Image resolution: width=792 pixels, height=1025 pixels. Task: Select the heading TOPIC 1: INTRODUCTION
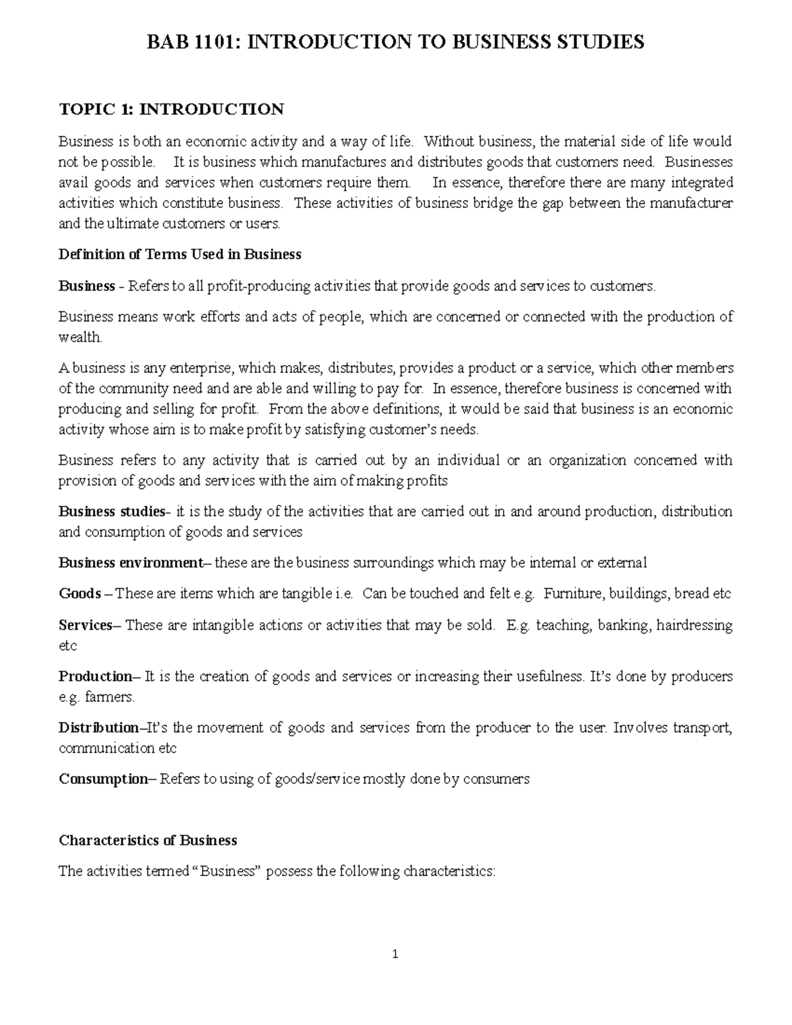(x=172, y=109)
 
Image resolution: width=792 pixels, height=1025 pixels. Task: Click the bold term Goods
(x=80, y=593)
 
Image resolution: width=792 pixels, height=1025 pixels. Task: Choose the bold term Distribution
(x=99, y=727)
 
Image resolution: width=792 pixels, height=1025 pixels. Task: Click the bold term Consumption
(x=104, y=779)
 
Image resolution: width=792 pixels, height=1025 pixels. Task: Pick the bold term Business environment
(x=131, y=563)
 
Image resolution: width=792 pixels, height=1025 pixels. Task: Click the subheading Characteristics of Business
(x=148, y=840)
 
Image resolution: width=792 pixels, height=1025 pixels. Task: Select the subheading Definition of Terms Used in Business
(x=180, y=254)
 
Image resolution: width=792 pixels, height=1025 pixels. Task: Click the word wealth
(x=80, y=337)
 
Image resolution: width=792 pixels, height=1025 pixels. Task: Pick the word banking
(x=624, y=624)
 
